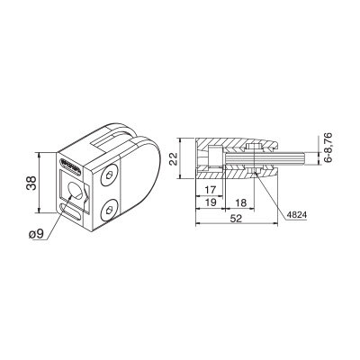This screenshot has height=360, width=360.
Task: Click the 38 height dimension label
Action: (x=31, y=183)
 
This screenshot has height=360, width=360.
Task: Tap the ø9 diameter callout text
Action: (x=36, y=234)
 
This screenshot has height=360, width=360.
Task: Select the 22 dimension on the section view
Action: (x=173, y=158)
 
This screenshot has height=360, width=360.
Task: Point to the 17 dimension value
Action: (x=211, y=190)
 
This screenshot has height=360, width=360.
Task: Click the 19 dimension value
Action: (x=211, y=202)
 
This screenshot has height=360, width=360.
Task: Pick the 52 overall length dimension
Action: (x=236, y=219)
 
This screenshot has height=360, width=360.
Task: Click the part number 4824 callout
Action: (x=296, y=215)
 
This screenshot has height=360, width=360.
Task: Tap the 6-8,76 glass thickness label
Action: (x=328, y=148)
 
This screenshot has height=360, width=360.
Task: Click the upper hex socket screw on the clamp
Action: (x=108, y=175)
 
